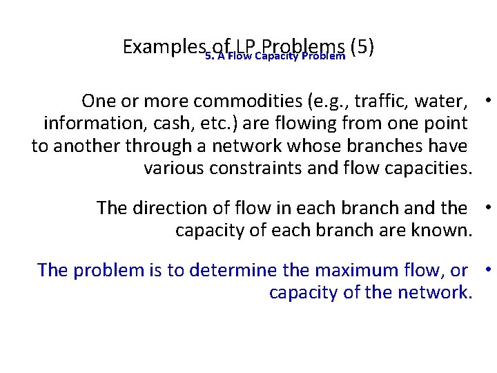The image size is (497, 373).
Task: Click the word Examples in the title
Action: pos(162,47)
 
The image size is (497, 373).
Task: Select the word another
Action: pos(85,146)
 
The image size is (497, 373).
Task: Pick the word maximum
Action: pos(338,270)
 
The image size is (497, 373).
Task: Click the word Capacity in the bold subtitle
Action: pos(277,56)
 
